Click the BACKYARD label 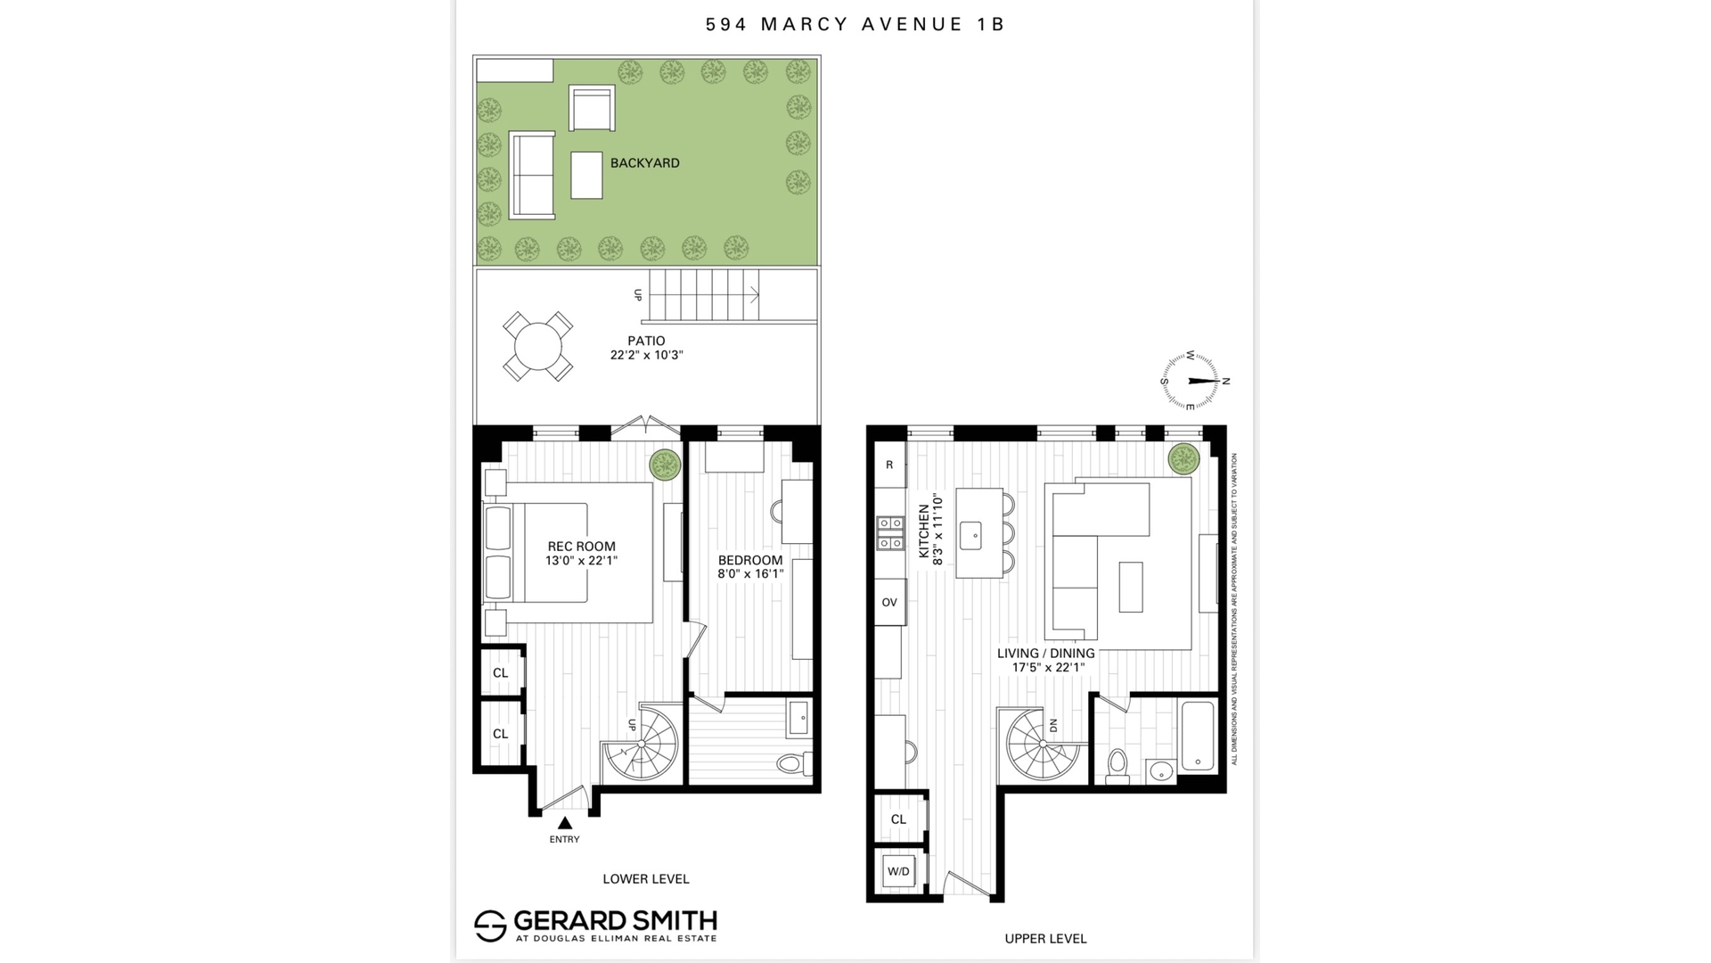coord(644,163)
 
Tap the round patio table coord(537,346)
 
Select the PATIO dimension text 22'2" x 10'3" coord(646,355)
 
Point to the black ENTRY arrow coord(564,823)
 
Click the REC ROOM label coord(581,547)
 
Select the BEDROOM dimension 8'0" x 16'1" coord(750,574)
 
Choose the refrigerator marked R coord(889,465)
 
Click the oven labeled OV coord(889,603)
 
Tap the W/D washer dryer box coord(898,871)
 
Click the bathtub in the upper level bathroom coord(1196,737)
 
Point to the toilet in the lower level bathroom coord(790,763)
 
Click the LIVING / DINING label coord(1045,654)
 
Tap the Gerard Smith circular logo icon coord(490,926)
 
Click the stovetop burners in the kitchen coord(889,532)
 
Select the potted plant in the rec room coord(665,465)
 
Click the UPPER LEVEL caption coord(1045,938)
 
